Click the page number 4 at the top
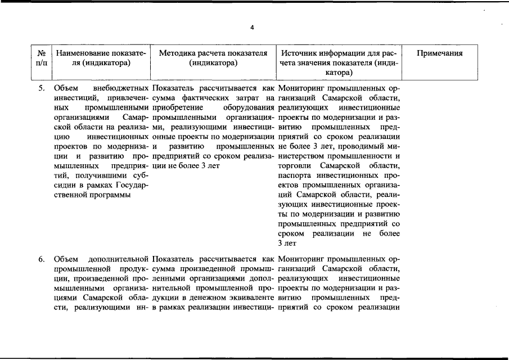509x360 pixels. (x=253, y=28)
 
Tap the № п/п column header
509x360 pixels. (x=41, y=58)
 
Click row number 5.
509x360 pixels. (x=41, y=88)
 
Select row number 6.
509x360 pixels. (x=41, y=259)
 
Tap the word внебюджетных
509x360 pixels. (x=121, y=88)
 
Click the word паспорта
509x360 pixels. (x=295, y=176)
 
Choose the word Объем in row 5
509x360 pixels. (x=66, y=88)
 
